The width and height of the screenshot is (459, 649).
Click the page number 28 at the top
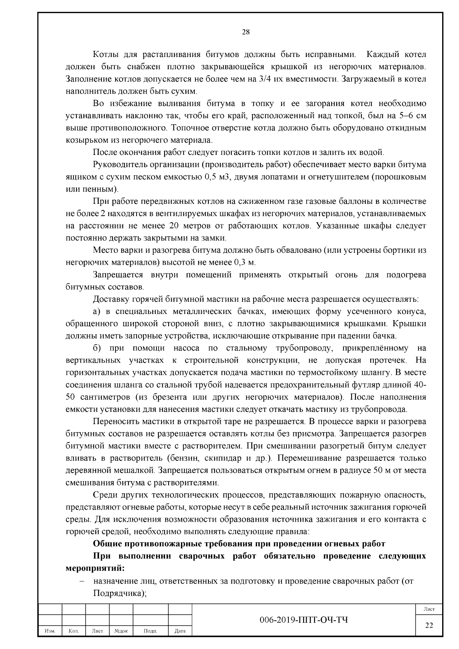pos(246,32)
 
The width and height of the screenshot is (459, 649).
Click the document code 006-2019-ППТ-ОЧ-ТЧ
pos(304,620)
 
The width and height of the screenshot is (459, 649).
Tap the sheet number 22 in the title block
pos(429,625)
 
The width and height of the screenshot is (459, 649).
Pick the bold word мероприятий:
pos(95,568)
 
